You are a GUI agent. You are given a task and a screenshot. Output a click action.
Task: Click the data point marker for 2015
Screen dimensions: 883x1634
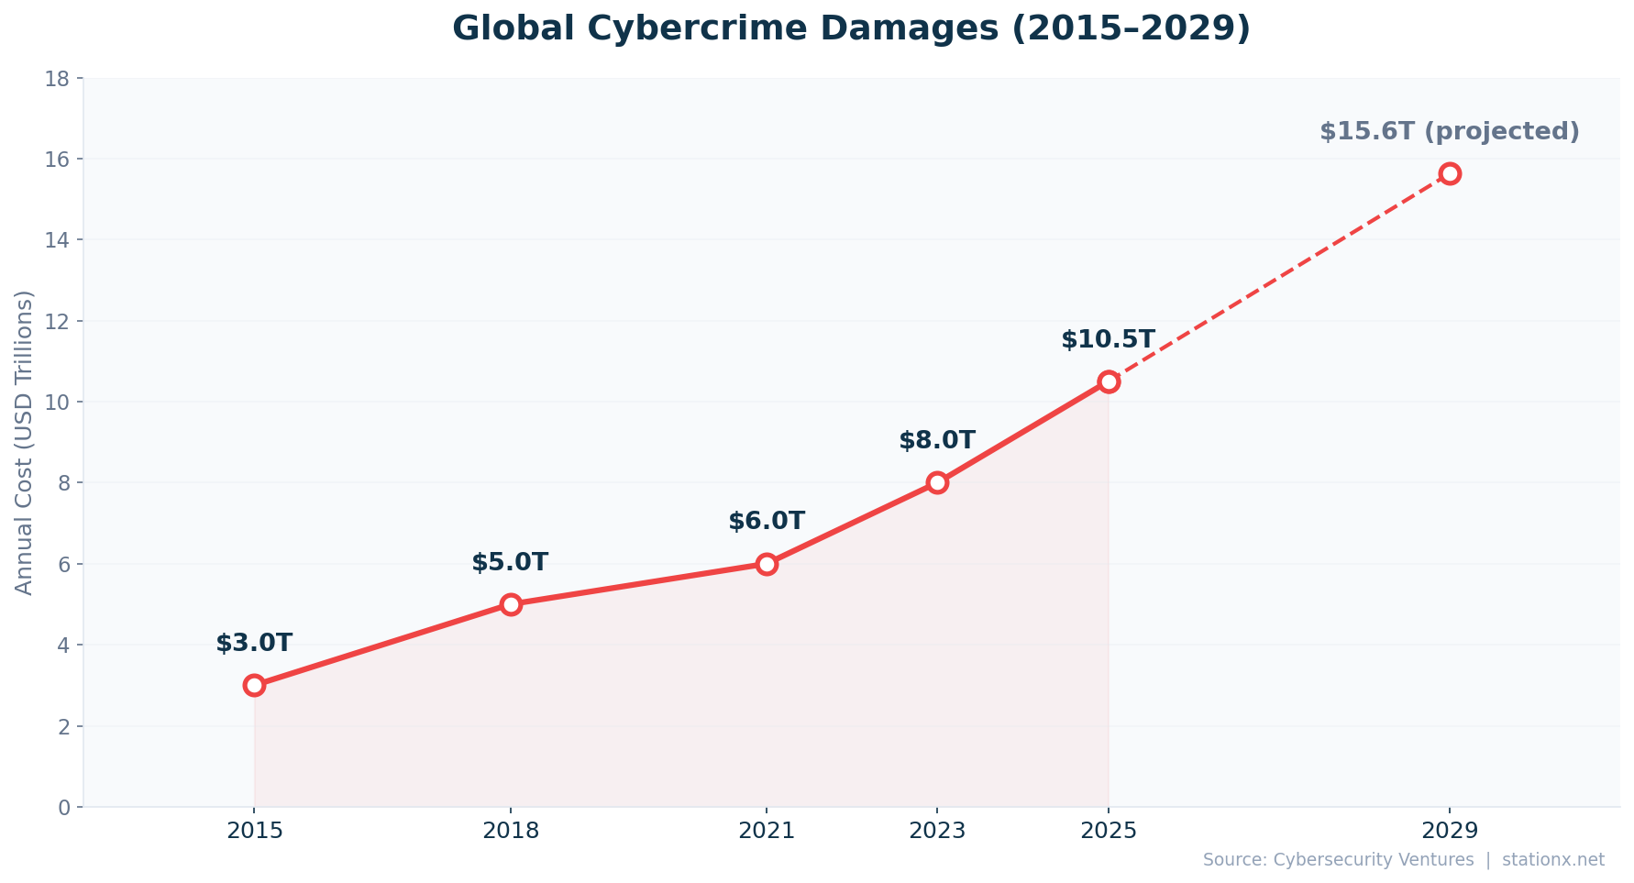coord(254,685)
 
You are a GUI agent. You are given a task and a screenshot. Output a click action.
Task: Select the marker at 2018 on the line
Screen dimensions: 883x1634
coord(511,604)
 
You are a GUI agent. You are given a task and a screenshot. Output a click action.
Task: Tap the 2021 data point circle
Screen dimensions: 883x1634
coord(767,564)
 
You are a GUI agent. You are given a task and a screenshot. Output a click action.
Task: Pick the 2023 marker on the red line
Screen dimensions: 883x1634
coord(937,482)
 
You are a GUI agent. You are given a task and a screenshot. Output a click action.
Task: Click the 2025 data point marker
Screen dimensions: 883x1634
coord(1109,381)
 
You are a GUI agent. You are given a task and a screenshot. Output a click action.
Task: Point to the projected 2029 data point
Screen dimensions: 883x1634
coord(1450,173)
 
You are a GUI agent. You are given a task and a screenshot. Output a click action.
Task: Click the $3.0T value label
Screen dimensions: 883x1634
coord(254,644)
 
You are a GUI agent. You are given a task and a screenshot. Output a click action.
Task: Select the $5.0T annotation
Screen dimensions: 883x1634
coord(510,563)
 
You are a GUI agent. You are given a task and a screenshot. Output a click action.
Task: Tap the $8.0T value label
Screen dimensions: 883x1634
coord(937,441)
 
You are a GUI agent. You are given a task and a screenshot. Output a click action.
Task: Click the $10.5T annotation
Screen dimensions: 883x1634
coord(1108,340)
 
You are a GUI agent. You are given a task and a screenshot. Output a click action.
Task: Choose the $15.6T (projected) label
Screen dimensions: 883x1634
coord(1449,132)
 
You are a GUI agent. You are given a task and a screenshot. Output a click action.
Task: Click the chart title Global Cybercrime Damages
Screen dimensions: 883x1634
coord(851,28)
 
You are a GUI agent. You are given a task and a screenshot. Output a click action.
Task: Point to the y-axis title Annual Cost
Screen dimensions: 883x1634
coord(25,442)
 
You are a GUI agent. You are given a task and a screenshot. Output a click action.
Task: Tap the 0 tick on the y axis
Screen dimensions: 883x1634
coord(63,808)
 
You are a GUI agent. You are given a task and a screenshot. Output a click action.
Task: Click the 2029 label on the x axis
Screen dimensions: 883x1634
coord(1450,831)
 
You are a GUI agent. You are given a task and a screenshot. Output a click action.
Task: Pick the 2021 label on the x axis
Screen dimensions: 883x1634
coord(767,831)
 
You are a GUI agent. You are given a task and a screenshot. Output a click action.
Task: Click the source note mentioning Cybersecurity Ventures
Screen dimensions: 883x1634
coord(1403,860)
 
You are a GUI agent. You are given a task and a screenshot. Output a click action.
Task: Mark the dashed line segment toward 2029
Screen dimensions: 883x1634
coord(1279,277)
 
